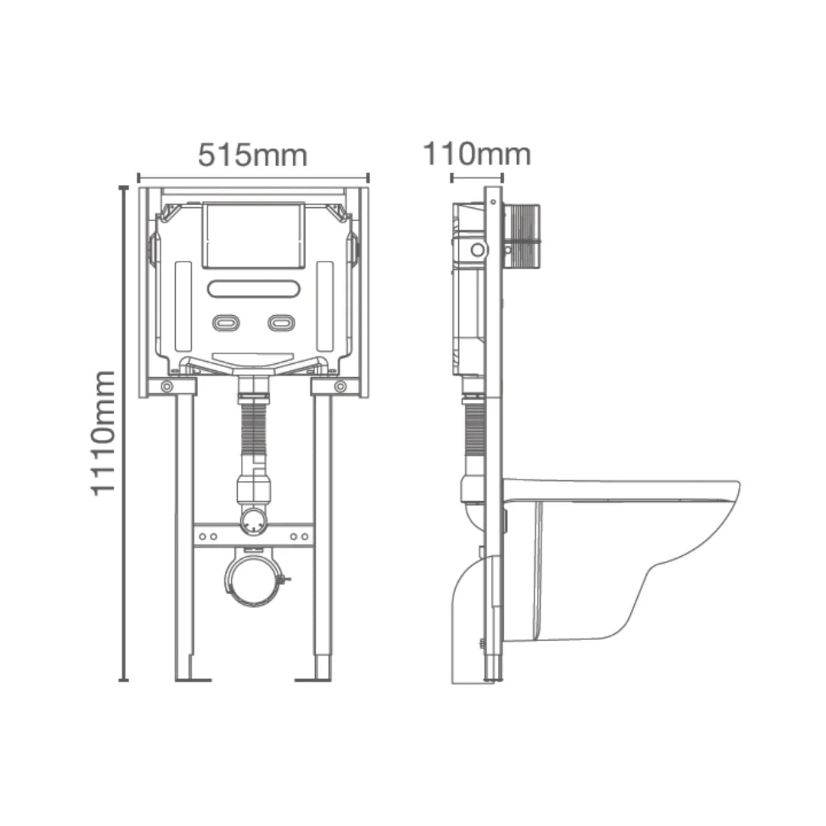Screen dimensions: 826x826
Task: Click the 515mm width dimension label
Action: click(252, 155)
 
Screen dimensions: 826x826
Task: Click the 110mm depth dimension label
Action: click(476, 154)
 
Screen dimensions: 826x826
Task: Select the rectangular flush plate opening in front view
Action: click(253, 235)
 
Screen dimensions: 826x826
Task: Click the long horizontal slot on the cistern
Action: click(253, 289)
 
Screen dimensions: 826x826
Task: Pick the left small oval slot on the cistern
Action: click(226, 323)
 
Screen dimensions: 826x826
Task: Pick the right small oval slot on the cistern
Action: click(281, 323)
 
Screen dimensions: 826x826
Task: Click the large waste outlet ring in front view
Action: click(253, 579)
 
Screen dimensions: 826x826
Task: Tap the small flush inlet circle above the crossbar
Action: click(253, 522)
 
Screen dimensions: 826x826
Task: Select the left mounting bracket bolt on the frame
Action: click(167, 387)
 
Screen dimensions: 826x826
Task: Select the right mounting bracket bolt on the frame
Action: click(340, 387)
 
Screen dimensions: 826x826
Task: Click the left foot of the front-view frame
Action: click(191, 678)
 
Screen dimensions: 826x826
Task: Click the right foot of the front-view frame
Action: click(315, 678)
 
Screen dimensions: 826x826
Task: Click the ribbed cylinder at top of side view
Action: click(523, 236)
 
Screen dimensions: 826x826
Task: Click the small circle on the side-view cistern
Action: click(477, 249)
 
